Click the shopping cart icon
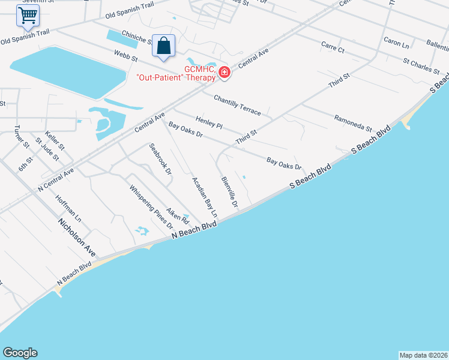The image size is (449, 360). tap(28, 16)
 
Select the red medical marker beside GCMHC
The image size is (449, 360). tap(224, 73)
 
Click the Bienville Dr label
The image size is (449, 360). tap(230, 193)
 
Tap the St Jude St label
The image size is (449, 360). tap(47, 149)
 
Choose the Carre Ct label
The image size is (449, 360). tap(333, 47)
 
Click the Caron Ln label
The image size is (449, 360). tap(396, 44)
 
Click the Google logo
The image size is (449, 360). tap(20, 353)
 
